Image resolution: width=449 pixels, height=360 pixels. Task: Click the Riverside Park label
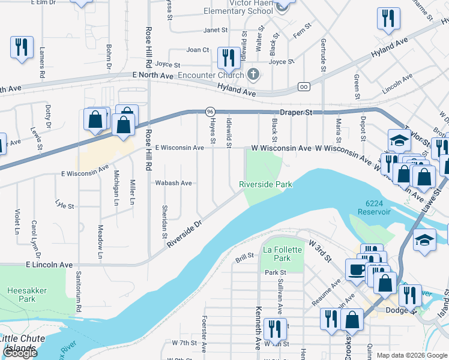266,184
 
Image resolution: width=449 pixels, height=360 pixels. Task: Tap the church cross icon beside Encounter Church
253,74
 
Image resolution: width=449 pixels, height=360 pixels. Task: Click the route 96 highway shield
210,112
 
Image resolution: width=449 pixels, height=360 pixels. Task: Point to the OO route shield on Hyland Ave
304,86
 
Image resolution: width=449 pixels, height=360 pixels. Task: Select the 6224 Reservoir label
374,208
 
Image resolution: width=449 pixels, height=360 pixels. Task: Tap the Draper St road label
297,113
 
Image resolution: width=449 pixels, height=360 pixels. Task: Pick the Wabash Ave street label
173,183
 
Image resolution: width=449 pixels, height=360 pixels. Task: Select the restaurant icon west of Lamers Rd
22,47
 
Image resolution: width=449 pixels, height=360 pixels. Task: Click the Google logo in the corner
19,353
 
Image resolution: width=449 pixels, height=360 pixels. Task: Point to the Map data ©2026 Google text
412,355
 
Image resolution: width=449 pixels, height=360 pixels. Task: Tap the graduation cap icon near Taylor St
399,140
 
